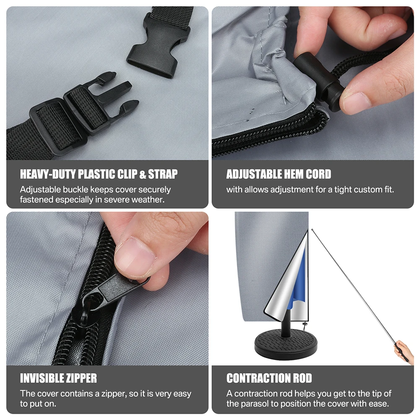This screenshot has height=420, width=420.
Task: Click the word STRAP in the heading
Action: coord(163,174)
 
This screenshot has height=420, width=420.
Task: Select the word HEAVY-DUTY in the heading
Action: coord(48,174)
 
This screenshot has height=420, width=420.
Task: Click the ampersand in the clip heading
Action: coord(143,175)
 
